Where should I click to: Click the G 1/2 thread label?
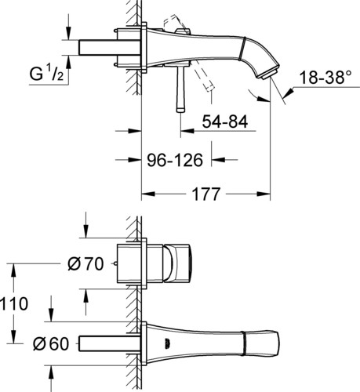tap(46, 74)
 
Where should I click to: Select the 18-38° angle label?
tap(325, 78)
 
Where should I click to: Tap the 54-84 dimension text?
tap(225, 122)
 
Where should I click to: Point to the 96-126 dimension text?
tap(175, 160)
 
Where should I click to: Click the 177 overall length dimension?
tap(205, 194)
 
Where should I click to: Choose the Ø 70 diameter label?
tap(85, 264)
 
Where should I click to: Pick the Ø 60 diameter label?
tap(51, 344)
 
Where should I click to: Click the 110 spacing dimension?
tap(14, 303)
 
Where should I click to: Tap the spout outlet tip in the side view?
tap(269, 74)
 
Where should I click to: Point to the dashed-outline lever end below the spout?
tap(209, 88)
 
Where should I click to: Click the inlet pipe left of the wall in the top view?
tap(109, 47)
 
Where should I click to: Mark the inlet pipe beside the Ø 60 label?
tap(109, 344)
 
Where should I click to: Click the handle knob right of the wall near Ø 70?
tap(176, 263)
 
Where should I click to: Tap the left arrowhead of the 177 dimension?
tap(148, 194)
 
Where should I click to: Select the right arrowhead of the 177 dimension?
tap(264, 194)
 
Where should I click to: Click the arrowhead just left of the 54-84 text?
tap(187, 131)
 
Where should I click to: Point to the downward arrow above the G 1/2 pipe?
tap(68, 33)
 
